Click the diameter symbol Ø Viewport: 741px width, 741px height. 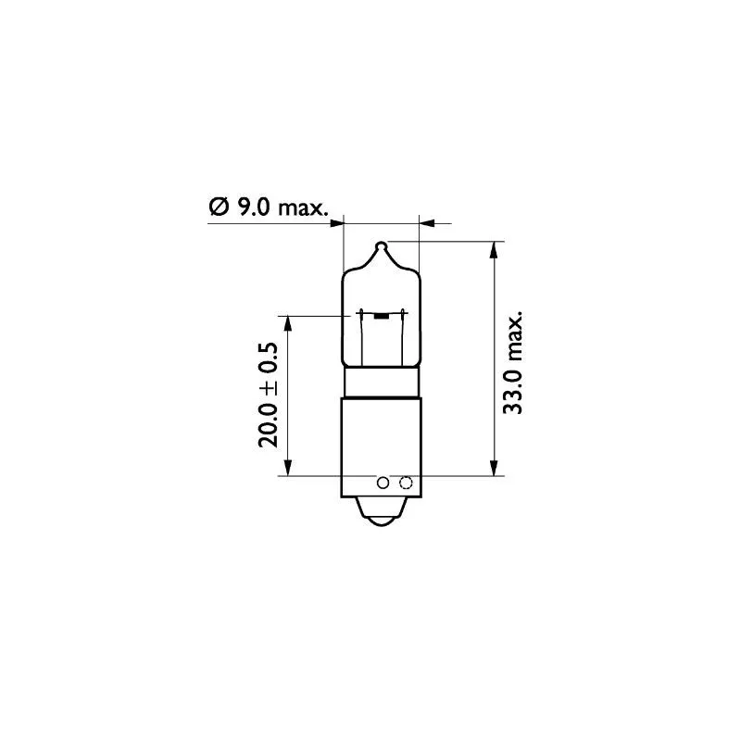pos(219,207)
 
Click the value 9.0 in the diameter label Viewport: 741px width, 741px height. pos(253,207)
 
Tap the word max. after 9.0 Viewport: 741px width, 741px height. pos(303,208)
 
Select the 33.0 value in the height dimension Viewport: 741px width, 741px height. pos(512,392)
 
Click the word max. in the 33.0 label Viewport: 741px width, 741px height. pos(514,336)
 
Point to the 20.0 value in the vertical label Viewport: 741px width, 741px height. pos(268,424)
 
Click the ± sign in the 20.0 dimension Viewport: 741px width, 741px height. pos(269,386)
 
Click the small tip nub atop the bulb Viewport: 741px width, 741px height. pos(381,246)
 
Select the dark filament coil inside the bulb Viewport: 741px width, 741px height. pos(381,316)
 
